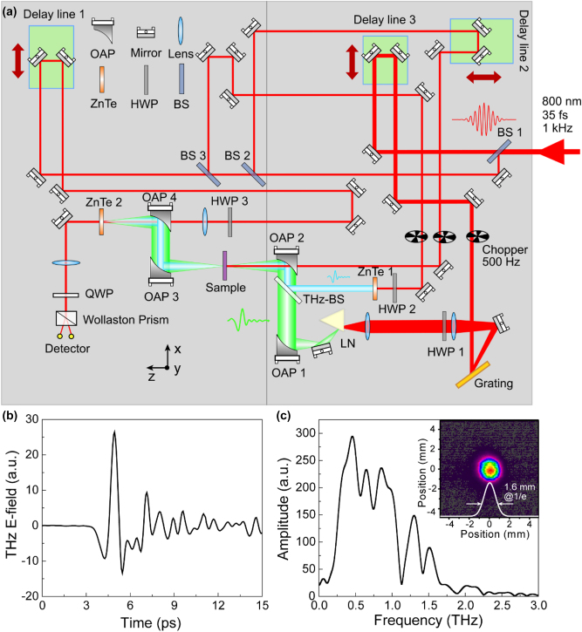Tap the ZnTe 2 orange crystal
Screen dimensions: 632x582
(x=102, y=221)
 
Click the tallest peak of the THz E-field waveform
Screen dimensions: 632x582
(x=113, y=432)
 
